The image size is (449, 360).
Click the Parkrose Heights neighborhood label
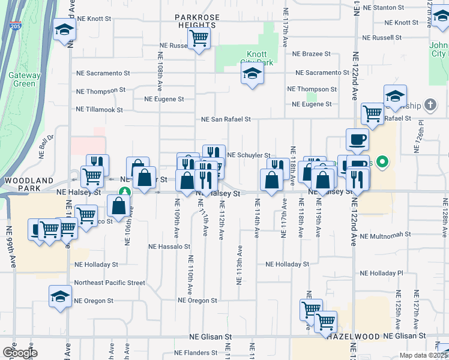(196, 22)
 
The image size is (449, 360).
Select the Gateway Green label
(24, 79)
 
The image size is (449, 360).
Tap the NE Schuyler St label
(249, 155)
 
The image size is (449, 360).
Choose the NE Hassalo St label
(169, 246)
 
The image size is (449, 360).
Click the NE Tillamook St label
(99, 110)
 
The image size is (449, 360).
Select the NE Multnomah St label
(386, 235)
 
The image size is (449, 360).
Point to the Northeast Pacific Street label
(109, 283)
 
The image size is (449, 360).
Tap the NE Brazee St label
(311, 53)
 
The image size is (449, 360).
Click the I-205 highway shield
(15, 26)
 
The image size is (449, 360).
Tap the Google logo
(20, 353)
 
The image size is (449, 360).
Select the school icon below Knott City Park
(252, 74)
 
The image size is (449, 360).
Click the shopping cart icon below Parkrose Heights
(199, 39)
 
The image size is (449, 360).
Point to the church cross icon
(430, 105)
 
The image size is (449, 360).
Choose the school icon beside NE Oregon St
(60, 297)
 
